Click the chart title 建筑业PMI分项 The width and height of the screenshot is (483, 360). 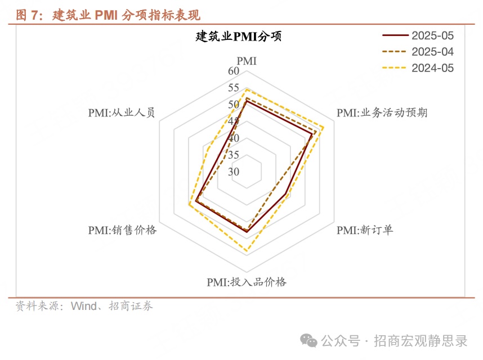click(x=239, y=37)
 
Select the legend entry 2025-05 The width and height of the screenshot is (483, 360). click(x=418, y=35)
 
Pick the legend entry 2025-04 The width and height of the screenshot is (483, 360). click(x=418, y=52)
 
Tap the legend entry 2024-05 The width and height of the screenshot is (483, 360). click(x=418, y=68)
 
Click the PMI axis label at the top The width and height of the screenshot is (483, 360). click(x=247, y=61)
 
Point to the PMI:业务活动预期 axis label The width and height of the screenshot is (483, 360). click(x=382, y=112)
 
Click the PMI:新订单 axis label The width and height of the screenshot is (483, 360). click(x=365, y=230)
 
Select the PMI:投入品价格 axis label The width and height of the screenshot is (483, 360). click(x=247, y=282)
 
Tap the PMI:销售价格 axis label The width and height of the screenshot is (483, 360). click(x=122, y=230)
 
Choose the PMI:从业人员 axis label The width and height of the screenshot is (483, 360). click(x=122, y=112)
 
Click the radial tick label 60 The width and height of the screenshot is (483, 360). click(x=234, y=71)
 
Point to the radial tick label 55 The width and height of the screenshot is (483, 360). click(x=234, y=88)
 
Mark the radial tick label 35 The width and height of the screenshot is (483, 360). click(x=234, y=155)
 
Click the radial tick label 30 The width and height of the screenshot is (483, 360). click(x=234, y=172)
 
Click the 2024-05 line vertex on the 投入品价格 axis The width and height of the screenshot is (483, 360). click(x=247, y=251)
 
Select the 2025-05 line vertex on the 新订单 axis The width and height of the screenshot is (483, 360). click(x=285, y=194)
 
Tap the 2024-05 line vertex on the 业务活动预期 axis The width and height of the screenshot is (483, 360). click(x=324, y=127)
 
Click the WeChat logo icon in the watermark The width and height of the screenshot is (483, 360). click(x=308, y=341)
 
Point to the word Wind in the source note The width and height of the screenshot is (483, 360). click(x=84, y=306)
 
